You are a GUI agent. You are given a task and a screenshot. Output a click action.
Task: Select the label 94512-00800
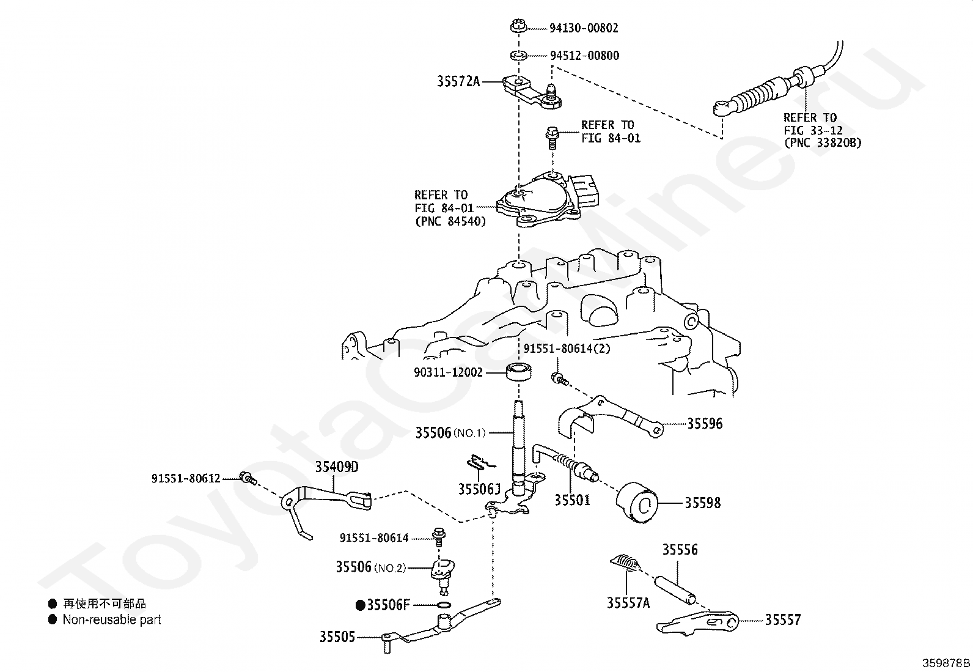tap(584, 56)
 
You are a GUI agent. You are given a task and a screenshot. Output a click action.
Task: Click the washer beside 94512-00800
tap(519, 56)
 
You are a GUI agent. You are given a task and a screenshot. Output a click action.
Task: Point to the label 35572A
tap(458, 81)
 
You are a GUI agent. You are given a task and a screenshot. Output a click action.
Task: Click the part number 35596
tap(705, 423)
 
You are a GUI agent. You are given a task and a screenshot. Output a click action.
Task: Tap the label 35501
tap(572, 500)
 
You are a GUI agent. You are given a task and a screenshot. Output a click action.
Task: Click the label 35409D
tap(337, 468)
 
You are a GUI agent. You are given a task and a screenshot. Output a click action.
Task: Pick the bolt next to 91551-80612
tap(248, 478)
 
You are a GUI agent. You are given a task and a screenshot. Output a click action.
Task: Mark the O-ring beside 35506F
tap(445, 605)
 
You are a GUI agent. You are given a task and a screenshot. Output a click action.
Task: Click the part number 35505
tap(337, 637)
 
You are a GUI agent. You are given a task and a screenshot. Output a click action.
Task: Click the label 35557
tap(783, 620)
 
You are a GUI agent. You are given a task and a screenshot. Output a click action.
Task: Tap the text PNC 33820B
tap(822, 144)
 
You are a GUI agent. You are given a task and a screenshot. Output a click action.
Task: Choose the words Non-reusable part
tap(112, 619)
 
